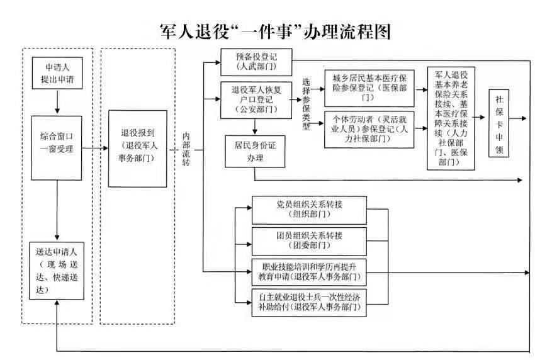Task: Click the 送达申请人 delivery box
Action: [x=57, y=271]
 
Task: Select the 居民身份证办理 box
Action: [x=255, y=152]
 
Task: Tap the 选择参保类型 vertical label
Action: [x=307, y=104]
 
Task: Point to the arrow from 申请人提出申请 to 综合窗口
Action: [x=57, y=101]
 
